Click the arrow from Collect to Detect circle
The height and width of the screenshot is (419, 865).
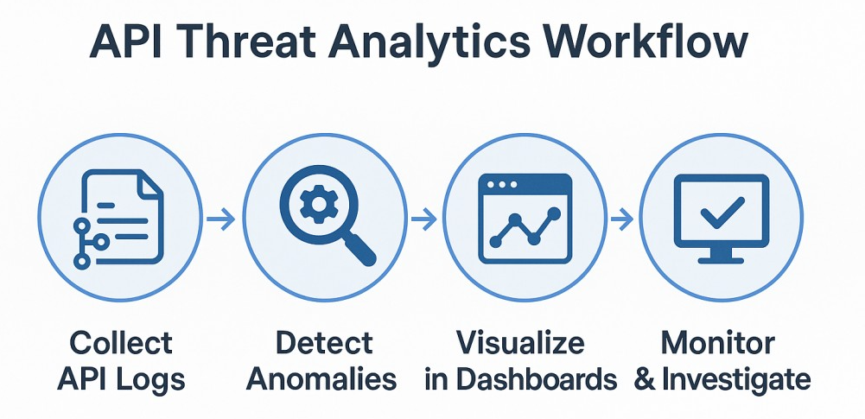(x=222, y=220)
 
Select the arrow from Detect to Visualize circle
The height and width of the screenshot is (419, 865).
(x=423, y=220)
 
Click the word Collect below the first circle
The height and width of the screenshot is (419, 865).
(x=121, y=343)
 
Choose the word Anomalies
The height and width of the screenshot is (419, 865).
(x=328, y=378)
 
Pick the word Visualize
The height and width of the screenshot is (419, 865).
(x=520, y=343)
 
